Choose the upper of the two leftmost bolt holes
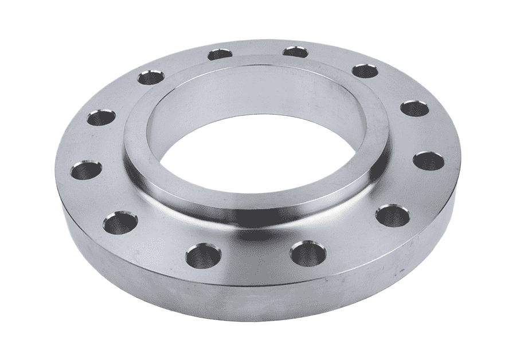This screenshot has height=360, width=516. (x=100, y=120)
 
